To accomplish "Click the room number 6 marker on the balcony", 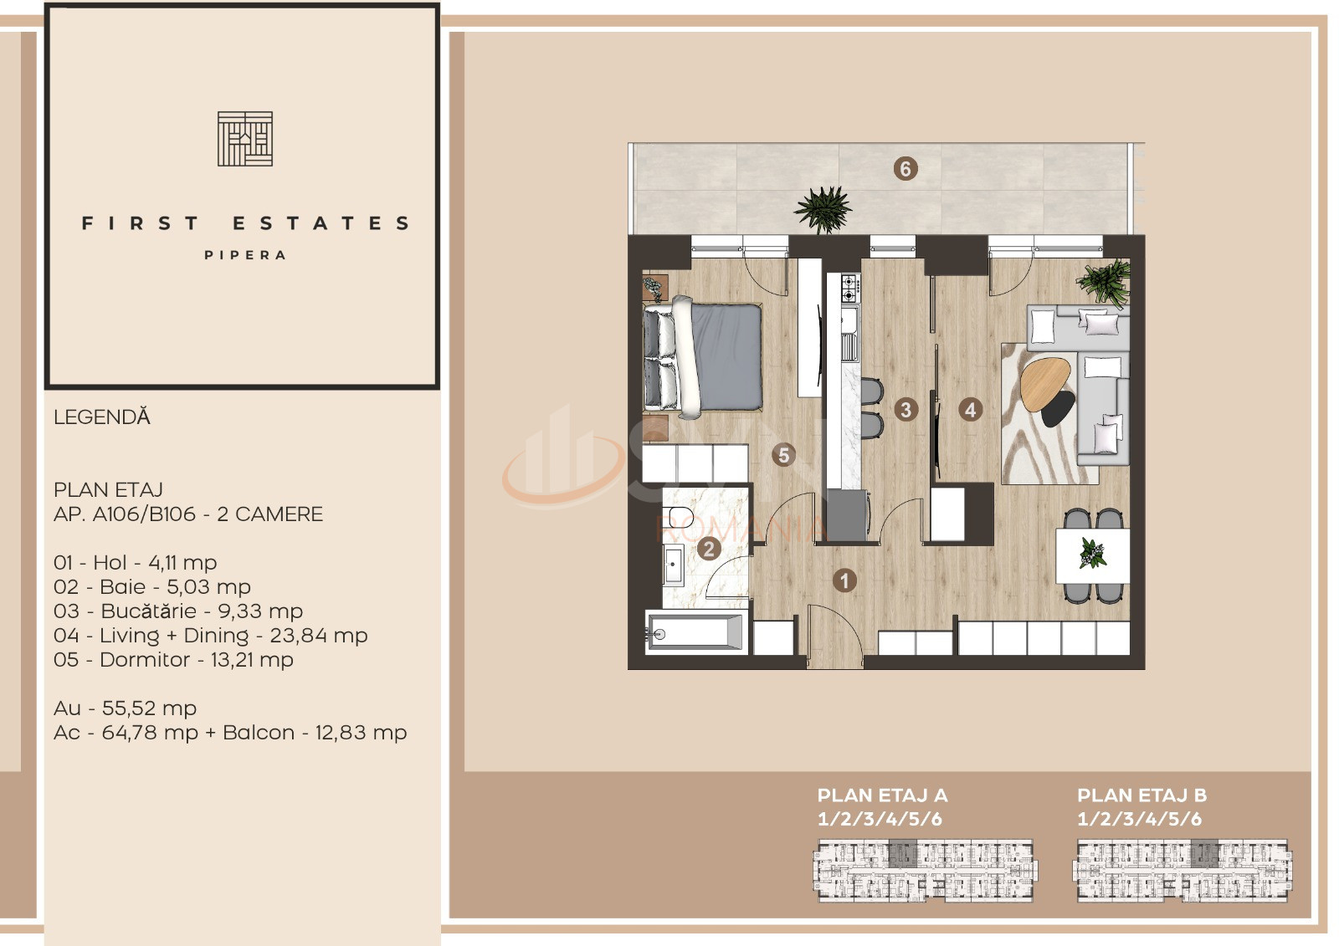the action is coord(905,169).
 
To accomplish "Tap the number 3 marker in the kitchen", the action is coord(905,410).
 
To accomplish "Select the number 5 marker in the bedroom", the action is coord(783,455).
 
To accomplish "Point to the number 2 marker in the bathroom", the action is coord(709,549).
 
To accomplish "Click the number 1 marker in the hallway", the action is coord(844,580).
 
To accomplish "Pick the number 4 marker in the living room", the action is coord(970,410).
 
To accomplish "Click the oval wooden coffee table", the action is coord(1045,383).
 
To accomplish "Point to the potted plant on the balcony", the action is coord(823,209).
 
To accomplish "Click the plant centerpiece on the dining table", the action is coord(1093,554).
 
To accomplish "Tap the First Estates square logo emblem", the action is coord(245,139).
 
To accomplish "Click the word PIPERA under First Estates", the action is coord(245,255).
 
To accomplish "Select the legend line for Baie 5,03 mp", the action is coord(151,587).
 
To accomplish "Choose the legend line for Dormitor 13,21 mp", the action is coord(173,660).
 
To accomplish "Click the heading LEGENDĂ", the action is coord(101,417).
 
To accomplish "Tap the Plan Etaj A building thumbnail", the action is coord(926,870).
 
